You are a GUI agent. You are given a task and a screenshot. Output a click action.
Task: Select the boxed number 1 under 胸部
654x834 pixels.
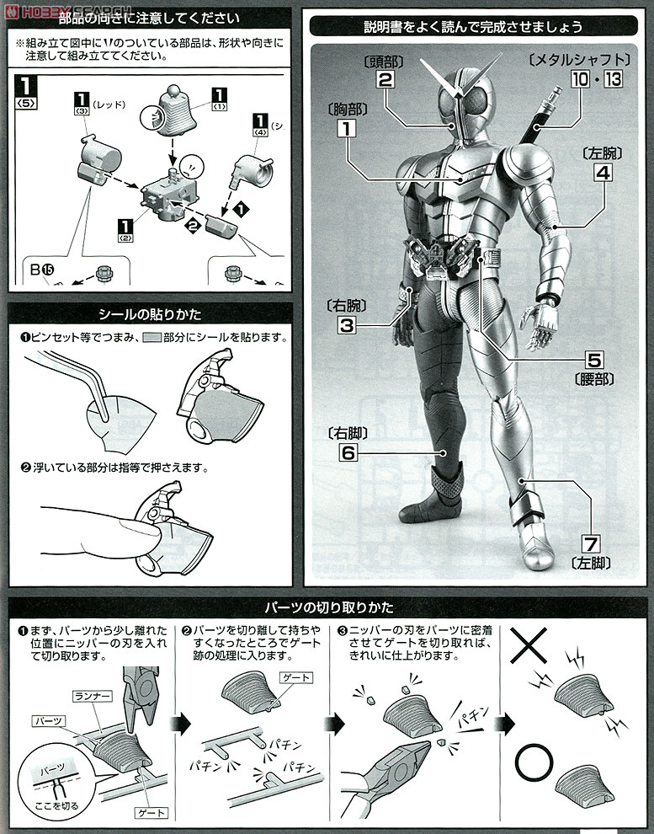pos(343,129)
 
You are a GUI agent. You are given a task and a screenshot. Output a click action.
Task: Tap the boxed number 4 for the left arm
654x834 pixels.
pos(603,172)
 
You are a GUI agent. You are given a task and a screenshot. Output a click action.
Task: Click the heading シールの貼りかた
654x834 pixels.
pos(151,315)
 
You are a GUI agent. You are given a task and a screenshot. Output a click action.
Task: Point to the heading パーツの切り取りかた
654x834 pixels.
pos(327,607)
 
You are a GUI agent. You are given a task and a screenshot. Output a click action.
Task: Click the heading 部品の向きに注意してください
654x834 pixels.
pos(151,19)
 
